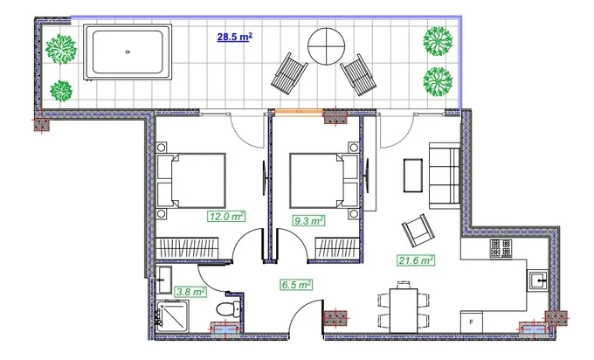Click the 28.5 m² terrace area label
click(234, 38)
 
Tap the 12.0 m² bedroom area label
click(225, 217)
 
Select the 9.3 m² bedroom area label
click(308, 220)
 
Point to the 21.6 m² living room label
click(416, 260)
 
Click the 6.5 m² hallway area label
click(296, 284)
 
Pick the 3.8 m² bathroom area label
click(190, 292)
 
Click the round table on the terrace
click(326, 46)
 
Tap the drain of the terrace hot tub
click(128, 52)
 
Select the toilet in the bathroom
click(229, 308)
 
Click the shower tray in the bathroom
click(173, 316)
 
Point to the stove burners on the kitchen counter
click(501, 248)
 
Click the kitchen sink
click(538, 280)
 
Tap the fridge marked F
click(472, 322)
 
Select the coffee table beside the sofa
click(413, 175)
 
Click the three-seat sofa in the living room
click(445, 176)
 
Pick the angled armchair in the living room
click(418, 230)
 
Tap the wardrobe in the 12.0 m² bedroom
click(188, 248)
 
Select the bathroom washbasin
click(164, 280)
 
